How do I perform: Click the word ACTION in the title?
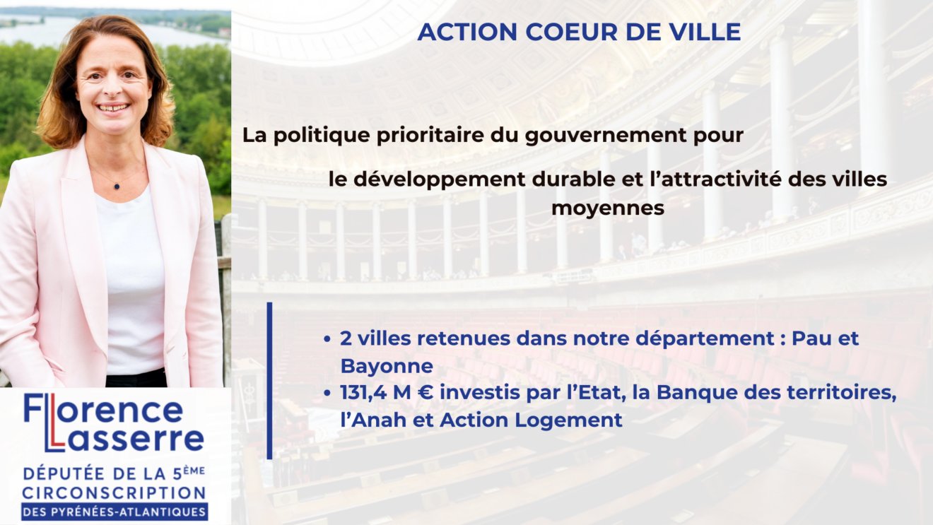pos(467,32)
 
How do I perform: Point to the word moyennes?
pos(608,208)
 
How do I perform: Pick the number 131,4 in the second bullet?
pos(363,393)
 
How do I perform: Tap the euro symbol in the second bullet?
pos(426,393)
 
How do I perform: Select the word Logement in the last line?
pos(568,420)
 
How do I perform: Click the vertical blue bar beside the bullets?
pos(269,381)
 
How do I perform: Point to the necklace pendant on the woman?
pos(117,186)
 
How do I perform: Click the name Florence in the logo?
pos(103,409)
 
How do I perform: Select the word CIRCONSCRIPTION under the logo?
pos(114,493)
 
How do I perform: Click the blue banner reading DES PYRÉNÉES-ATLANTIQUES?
pos(115,512)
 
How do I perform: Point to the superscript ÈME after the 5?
pos(194,471)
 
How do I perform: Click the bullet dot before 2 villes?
pos(327,339)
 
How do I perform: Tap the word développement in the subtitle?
pos(439,180)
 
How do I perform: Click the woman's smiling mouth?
pos(113,107)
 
